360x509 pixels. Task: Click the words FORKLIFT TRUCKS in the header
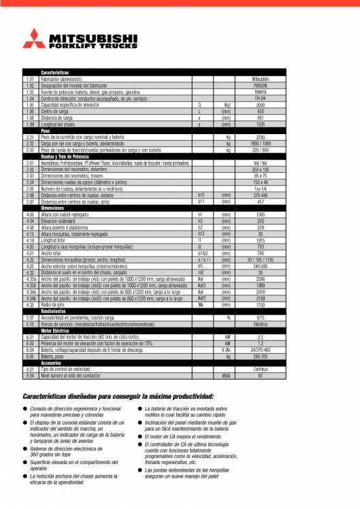pos(84,45)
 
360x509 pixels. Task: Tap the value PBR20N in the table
pos(260,86)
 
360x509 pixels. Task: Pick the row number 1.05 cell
pos(30,105)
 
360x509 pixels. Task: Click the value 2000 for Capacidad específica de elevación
pos(260,105)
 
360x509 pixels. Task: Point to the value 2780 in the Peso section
pos(260,137)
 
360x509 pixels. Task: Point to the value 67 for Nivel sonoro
pos(260,375)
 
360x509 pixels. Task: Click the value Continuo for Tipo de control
pos(260,369)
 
